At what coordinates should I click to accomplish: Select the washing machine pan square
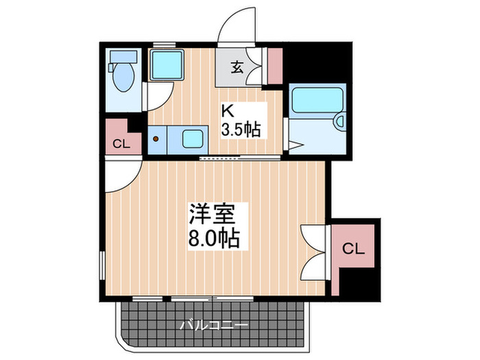tap(165, 65)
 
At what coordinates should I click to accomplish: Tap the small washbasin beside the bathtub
tap(339, 122)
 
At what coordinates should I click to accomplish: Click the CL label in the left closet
tap(121, 144)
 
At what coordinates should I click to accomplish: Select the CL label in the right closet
tap(355, 248)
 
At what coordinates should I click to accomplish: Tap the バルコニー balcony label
tap(205, 324)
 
